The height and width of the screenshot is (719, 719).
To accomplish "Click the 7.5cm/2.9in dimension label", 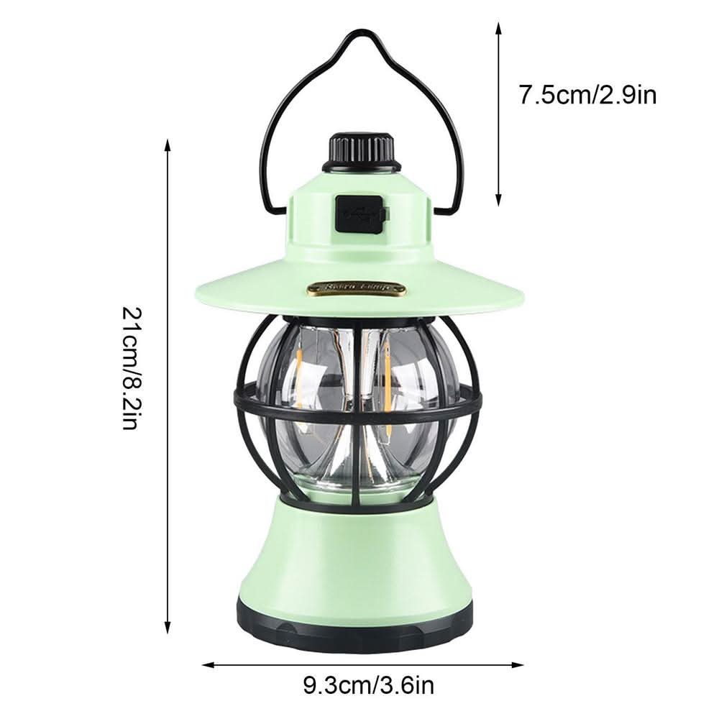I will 587,95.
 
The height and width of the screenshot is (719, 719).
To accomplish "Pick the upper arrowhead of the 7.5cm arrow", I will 498,26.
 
